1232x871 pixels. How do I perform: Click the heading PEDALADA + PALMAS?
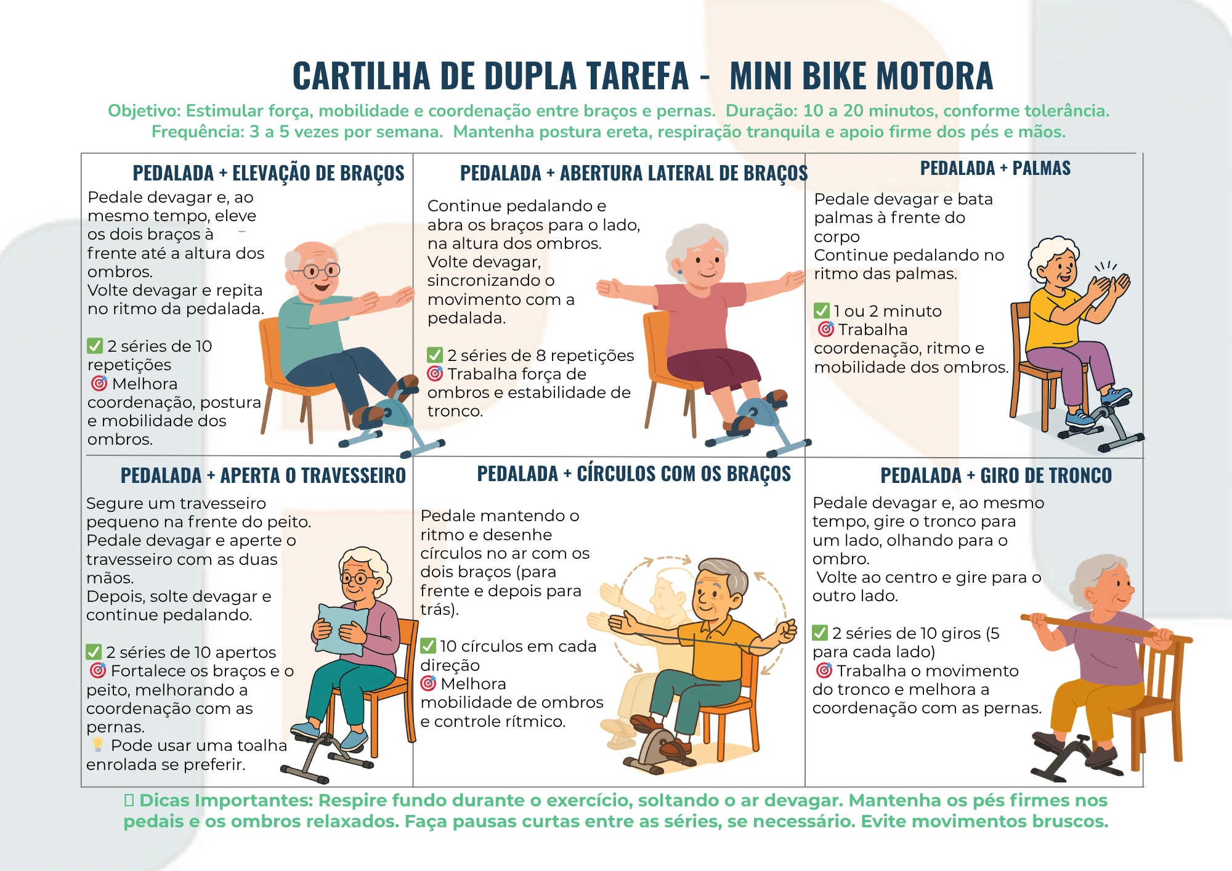tap(995, 168)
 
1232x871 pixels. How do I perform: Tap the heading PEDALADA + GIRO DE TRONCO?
tap(995, 476)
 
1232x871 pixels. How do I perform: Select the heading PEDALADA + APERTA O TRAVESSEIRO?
tap(263, 476)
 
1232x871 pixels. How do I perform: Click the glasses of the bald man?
tap(321, 270)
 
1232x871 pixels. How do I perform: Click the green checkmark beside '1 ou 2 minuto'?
tap(822, 310)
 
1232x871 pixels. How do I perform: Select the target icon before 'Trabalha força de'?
tap(435, 373)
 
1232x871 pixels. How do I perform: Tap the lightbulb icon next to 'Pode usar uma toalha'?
tap(98, 745)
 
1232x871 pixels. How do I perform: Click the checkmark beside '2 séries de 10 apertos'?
tap(94, 652)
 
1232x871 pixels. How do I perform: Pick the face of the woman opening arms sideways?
tap(702, 262)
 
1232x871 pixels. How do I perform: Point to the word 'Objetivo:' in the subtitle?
tap(144, 111)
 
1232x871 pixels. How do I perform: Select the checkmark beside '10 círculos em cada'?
tap(428, 646)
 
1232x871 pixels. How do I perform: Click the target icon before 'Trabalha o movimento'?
tap(824, 670)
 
